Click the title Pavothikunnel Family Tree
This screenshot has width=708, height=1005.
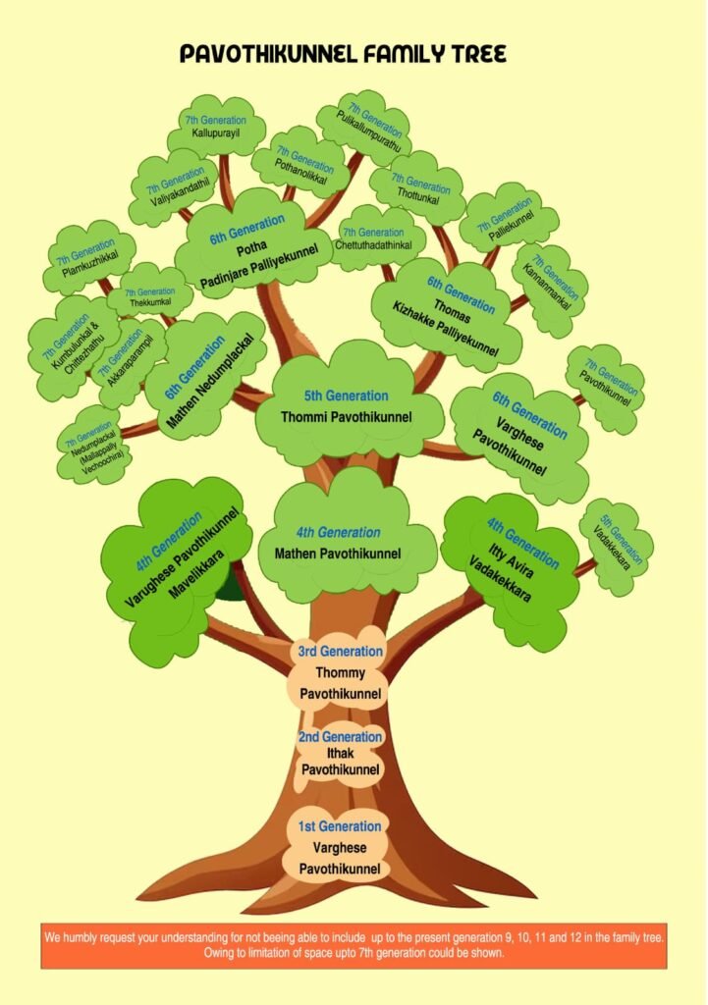[x=343, y=54]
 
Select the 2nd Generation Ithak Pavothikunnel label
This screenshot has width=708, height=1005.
[x=340, y=754]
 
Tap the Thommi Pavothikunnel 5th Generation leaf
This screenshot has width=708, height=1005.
[x=348, y=403]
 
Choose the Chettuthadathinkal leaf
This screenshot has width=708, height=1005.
[x=376, y=238]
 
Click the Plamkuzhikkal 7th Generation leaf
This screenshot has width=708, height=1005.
[x=89, y=258]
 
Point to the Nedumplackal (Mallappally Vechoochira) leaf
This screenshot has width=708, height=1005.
[x=95, y=447]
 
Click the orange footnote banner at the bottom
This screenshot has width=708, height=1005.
[x=354, y=945]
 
